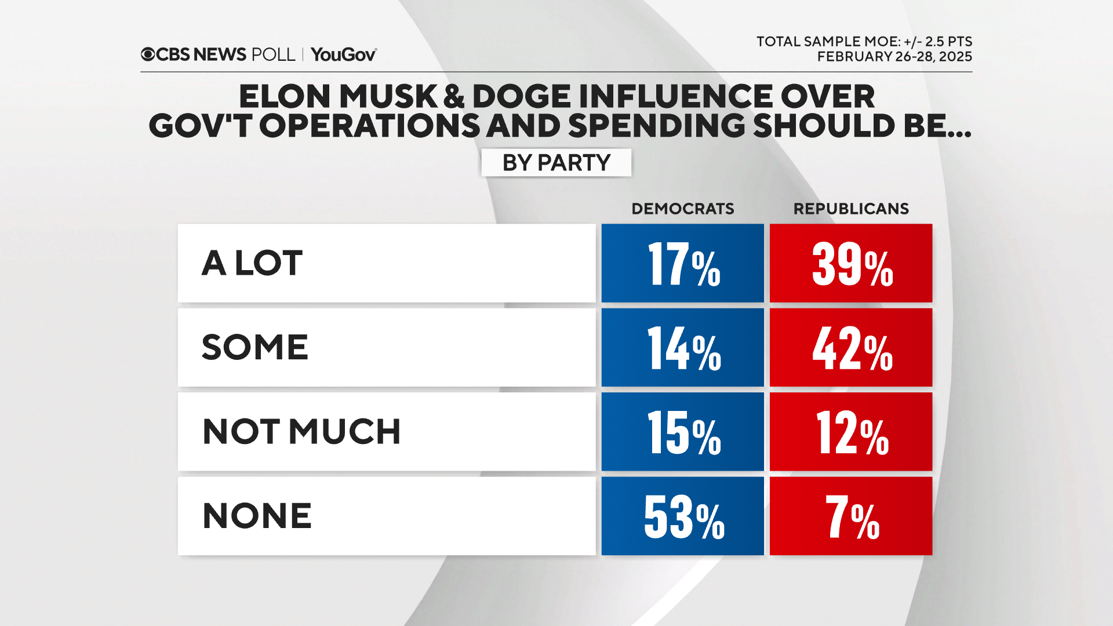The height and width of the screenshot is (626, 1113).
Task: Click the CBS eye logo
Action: point(148,54)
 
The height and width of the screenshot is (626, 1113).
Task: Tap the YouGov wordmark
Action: point(343,54)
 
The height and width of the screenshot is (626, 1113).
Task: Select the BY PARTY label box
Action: point(556,162)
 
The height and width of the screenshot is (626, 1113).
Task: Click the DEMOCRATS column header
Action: point(682,209)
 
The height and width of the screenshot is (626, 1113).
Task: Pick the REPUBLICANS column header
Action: point(850,209)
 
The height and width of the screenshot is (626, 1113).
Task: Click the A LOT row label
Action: point(252,263)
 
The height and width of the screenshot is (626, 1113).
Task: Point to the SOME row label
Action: point(254,347)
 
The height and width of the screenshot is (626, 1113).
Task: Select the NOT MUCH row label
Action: point(301,432)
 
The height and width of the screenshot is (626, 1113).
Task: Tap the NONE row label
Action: point(257,516)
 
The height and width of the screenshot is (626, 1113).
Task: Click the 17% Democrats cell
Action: point(682,263)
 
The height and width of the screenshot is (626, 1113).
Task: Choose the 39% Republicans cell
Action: point(850,263)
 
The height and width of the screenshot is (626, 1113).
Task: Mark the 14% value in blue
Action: point(682,347)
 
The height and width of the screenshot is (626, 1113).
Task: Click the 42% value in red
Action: point(850,347)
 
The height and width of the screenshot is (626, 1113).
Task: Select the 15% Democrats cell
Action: point(682,432)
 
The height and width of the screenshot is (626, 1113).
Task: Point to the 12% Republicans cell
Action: point(850,432)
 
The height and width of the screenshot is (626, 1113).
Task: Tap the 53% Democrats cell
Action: point(682,516)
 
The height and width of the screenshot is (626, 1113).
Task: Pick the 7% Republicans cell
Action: point(850,516)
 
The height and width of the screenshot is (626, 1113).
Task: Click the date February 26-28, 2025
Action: point(894,57)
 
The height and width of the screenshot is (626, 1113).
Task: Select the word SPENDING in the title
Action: point(656,126)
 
